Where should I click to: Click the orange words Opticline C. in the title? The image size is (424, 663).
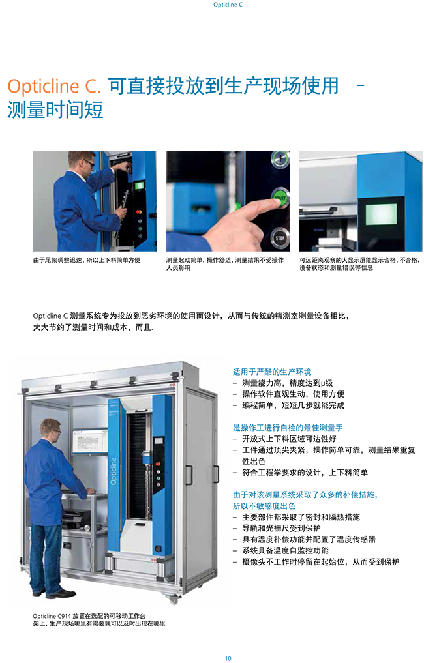tap(54, 86)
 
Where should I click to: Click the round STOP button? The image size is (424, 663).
tap(280, 238)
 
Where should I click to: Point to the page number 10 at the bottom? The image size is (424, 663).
tap(228, 658)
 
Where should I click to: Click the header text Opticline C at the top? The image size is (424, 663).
tap(228, 5)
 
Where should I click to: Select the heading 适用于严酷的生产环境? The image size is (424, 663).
tap(272, 372)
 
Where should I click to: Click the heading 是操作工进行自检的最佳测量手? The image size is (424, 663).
tap(288, 428)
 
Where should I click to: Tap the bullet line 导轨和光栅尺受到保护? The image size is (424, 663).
tap(281, 528)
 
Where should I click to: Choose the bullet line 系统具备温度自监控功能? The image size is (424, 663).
tap(285, 550)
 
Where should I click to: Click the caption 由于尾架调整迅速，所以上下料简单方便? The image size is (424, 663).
tap(87, 260)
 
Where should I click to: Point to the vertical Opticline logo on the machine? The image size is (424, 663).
tap(114, 471)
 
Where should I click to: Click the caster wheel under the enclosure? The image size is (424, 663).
tap(173, 598)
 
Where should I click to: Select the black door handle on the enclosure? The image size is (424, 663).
tap(216, 473)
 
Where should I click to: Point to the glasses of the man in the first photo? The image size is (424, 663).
tap(89, 162)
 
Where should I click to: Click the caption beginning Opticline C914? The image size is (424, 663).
tap(99, 620)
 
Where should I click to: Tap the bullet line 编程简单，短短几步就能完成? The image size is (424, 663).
tap(294, 405)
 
